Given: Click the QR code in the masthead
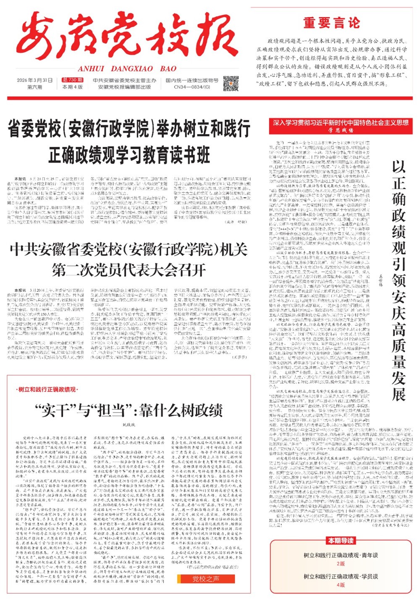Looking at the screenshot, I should coord(231,83).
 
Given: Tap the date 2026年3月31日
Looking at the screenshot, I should coord(35,80).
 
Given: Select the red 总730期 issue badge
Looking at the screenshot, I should coord(72,80).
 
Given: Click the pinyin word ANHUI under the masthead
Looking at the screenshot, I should coord(91,69).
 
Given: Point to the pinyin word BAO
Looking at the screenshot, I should coord(168,69).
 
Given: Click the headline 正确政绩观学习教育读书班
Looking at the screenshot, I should coord(129,155).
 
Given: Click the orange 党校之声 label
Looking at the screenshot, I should coord(206,579).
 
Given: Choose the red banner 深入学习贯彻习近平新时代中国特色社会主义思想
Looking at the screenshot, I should coord(341,123).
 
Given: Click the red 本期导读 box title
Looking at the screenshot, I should coord(341,541).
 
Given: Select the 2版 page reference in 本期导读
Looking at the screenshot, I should coord(341,563).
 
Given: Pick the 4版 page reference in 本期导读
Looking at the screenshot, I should coord(341,585).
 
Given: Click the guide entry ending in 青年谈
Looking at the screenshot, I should coord(341,555).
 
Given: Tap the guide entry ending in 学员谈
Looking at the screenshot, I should coord(341,577).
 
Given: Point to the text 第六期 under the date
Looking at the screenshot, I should coord(35,87).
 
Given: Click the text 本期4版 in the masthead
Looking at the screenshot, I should coord(72,87).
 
